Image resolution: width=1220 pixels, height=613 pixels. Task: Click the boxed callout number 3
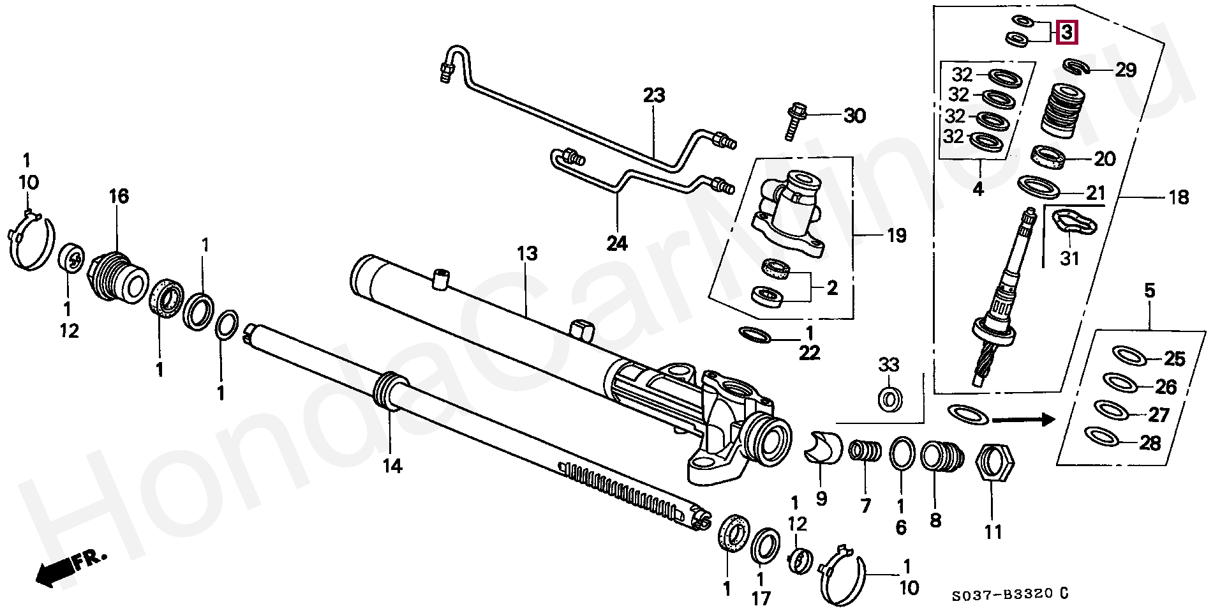point(1067,32)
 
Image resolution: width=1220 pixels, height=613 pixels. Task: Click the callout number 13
point(527,254)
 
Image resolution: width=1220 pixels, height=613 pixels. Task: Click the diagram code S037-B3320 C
point(1010,594)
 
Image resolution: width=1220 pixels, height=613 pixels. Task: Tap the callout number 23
point(654,96)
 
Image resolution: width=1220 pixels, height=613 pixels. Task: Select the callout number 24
point(617,243)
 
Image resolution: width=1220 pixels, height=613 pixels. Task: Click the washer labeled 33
point(889,400)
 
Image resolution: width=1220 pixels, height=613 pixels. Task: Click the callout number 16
point(118,196)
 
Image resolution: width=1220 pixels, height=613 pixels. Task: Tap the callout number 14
point(392,466)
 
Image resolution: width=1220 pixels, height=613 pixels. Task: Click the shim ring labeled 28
point(1102,437)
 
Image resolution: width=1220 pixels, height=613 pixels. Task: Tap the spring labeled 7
point(865,454)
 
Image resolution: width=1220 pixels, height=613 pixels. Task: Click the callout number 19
point(896,236)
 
